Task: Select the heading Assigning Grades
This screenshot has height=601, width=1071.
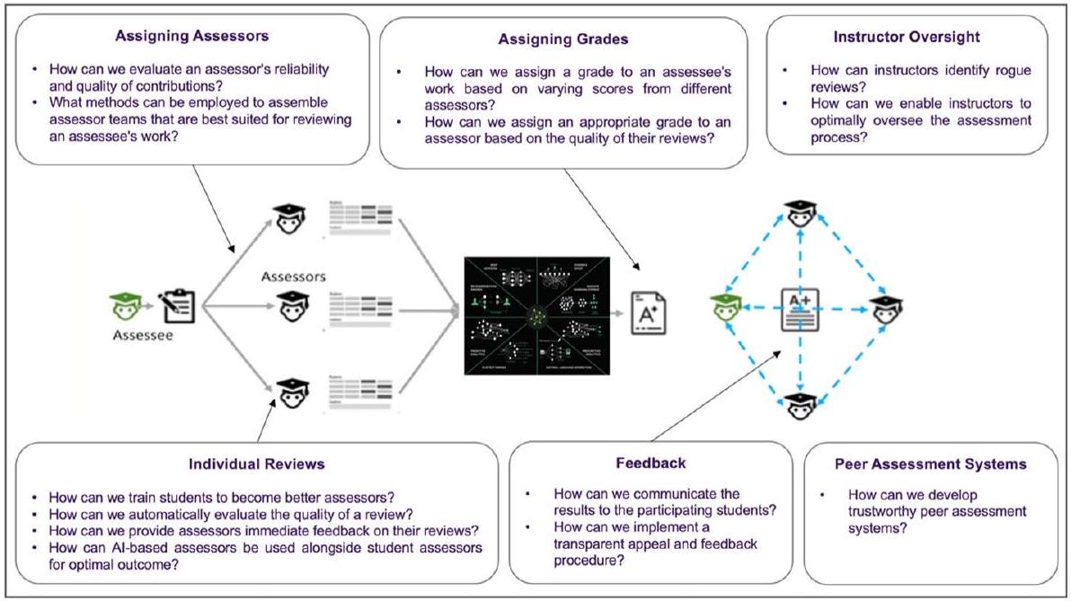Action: coord(562,40)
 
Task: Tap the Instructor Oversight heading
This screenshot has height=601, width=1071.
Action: coord(907,38)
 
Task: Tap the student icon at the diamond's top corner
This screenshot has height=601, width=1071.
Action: coord(797,214)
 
